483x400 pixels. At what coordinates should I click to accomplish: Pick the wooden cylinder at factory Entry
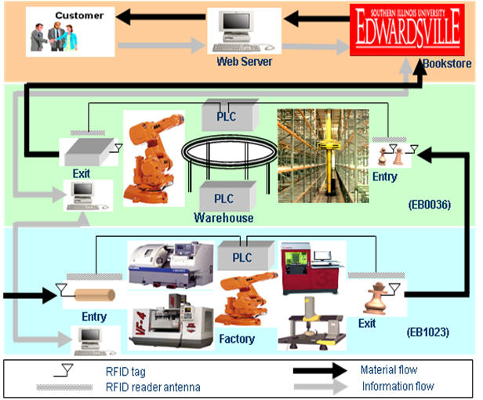(x=93, y=296)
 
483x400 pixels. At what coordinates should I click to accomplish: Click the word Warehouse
(x=224, y=216)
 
